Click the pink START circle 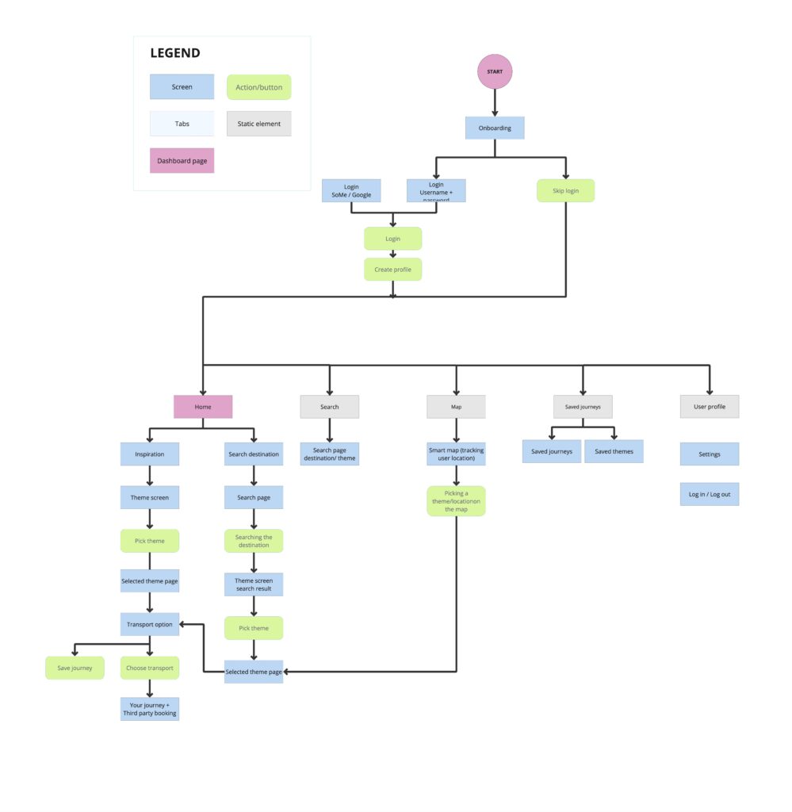click(495, 71)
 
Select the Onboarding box click(495, 128)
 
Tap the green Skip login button click(565, 190)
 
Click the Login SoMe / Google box click(351, 190)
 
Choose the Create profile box click(393, 270)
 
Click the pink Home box click(203, 407)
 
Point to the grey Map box click(456, 407)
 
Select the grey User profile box click(710, 407)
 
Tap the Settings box click(710, 454)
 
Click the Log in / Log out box click(710, 494)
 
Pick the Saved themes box click(614, 451)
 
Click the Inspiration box click(150, 454)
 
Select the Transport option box click(150, 624)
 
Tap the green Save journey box click(75, 668)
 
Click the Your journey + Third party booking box click(150, 708)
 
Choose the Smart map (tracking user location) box click(456, 454)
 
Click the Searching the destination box click(254, 541)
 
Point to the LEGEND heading click(175, 54)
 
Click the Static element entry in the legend click(259, 124)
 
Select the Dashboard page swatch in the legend click(182, 161)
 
